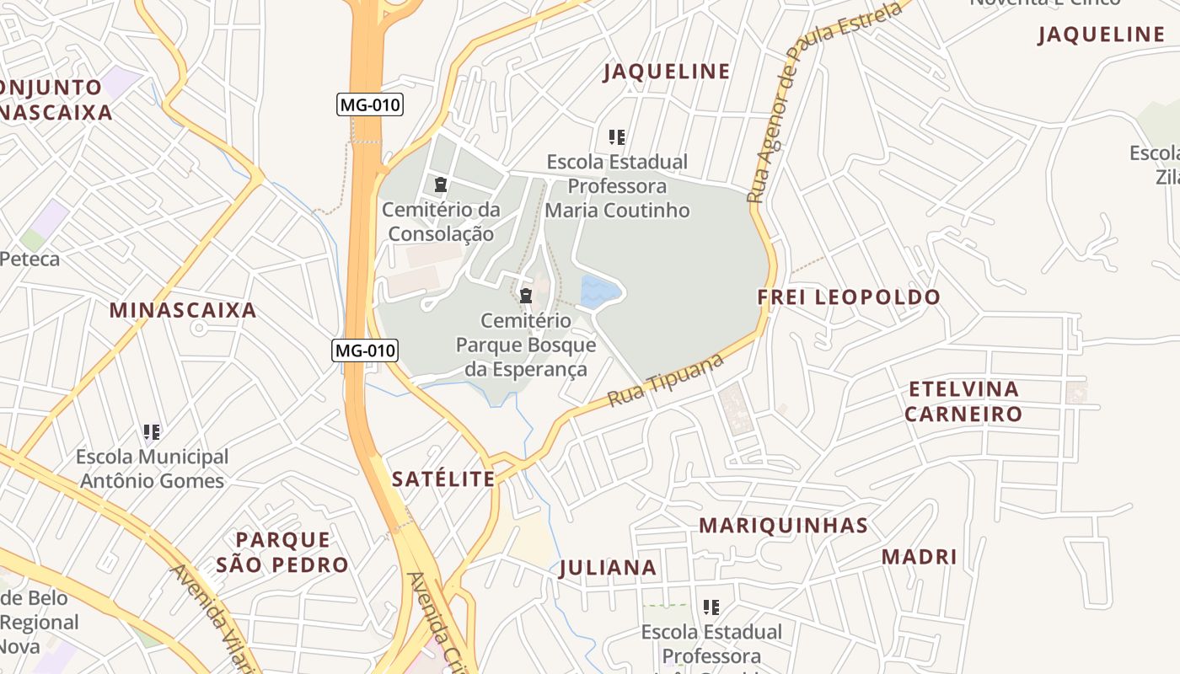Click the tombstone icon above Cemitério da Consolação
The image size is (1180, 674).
coord(440,184)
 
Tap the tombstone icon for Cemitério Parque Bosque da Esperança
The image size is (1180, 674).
coord(526,296)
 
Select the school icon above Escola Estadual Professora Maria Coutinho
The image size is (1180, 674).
coord(617,136)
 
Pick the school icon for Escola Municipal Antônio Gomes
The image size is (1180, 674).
coord(152,433)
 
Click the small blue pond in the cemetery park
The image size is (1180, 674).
coord(601,292)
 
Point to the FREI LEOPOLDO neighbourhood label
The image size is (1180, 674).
coord(848,297)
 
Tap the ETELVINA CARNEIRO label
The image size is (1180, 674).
coord(963,402)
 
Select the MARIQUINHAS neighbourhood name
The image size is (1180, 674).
coord(783,526)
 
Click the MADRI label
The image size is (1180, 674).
coord(919,557)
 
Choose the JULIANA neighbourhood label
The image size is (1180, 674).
coord(608,568)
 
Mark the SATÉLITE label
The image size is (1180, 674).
coord(443,479)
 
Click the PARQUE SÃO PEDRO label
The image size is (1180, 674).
coord(282,552)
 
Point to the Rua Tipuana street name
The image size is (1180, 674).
coord(666,380)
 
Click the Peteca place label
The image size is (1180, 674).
coord(30,259)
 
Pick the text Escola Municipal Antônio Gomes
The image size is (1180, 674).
coord(152,469)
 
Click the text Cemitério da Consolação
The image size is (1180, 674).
coord(441,222)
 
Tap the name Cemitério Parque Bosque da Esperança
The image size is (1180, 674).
coord(526,345)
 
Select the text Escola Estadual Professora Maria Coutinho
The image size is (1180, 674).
coord(617,185)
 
